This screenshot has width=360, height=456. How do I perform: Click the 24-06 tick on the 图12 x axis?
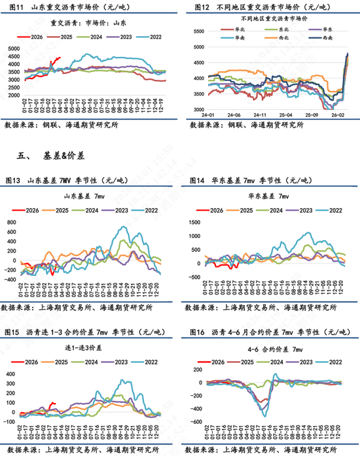click(234, 115)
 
